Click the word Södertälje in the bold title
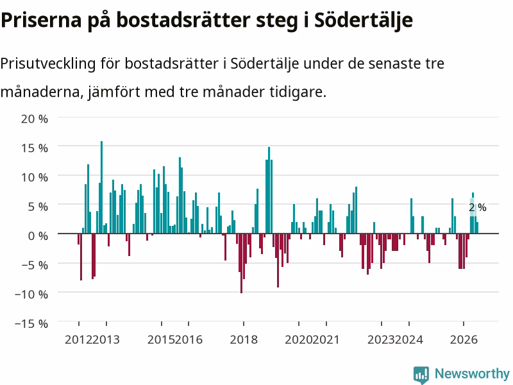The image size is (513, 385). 364,21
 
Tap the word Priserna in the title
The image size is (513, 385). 41,21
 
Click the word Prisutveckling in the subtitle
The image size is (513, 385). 48,64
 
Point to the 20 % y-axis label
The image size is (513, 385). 35,119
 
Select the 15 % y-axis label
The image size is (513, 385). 35,148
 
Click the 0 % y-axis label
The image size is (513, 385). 38,235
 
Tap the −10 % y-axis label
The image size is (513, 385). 31,294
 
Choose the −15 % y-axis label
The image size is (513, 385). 31,323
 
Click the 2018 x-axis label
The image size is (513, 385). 244,339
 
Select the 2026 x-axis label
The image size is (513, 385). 464,339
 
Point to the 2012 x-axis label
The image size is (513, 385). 78,339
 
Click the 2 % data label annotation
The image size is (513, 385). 477,207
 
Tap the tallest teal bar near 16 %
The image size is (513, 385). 101,187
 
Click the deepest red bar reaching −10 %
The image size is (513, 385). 242,263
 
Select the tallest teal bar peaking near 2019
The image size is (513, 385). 269,190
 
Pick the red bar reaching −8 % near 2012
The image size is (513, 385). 81,257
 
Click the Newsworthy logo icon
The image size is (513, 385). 421,375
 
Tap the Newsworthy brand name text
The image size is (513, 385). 472,373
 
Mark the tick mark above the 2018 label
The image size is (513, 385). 244,324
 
